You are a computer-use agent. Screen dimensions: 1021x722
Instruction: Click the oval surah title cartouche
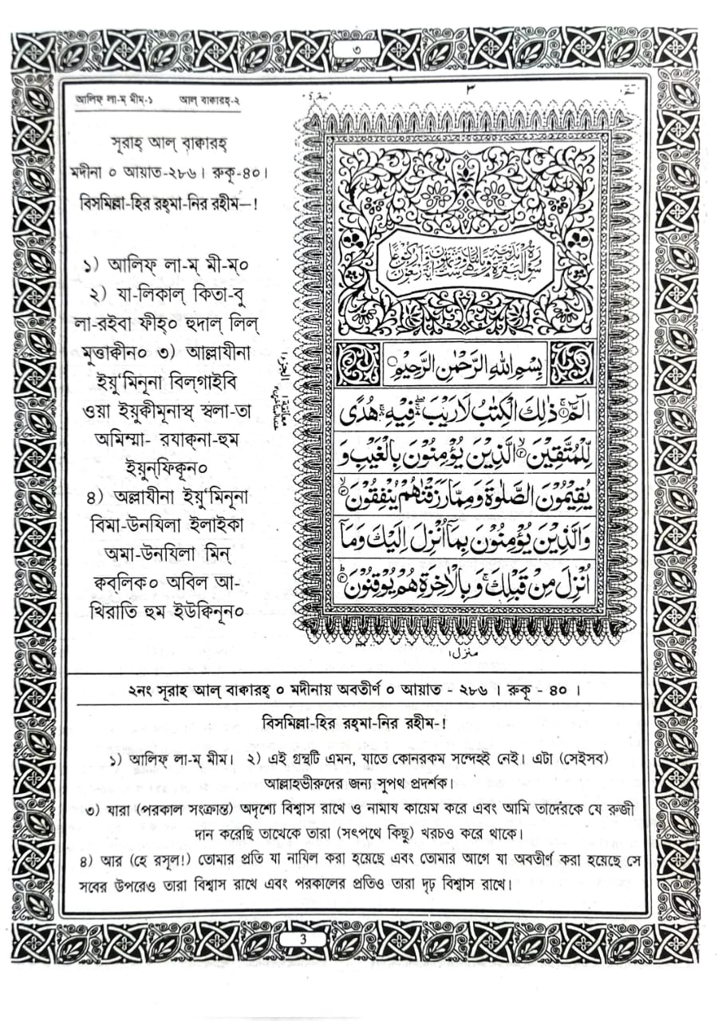click(466, 259)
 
